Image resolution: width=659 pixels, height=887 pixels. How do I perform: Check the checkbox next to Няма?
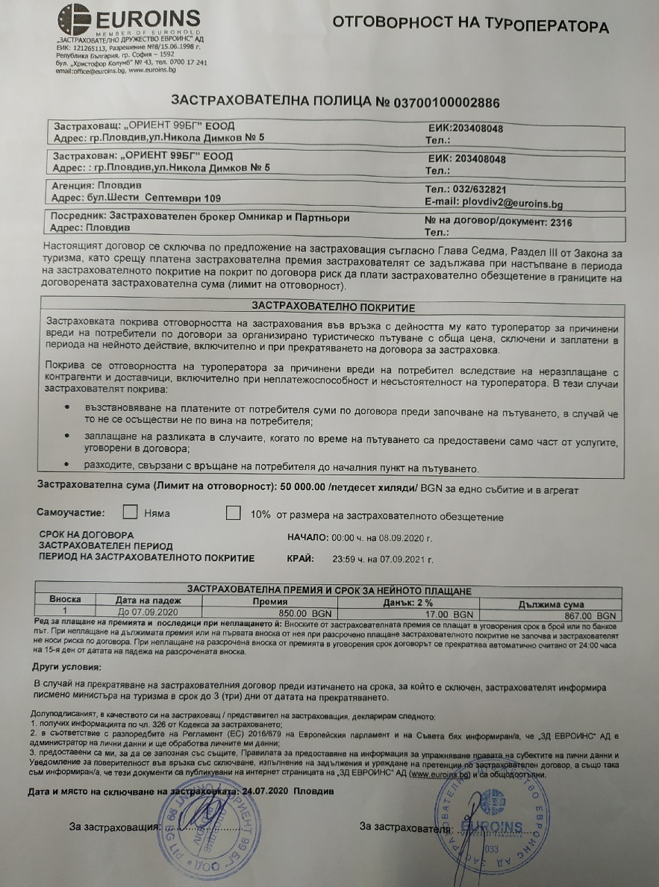[x=130, y=513]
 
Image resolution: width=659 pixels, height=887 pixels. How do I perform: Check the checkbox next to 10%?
[x=234, y=513]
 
